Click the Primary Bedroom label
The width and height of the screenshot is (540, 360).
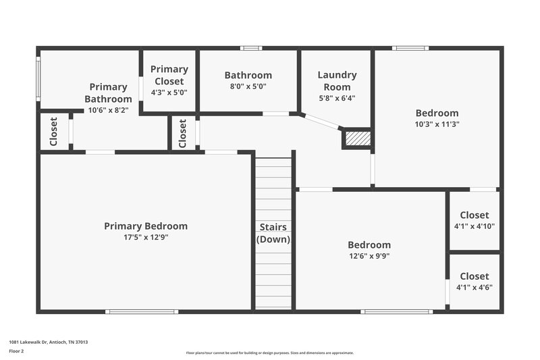pyautogui.click(x=146, y=226)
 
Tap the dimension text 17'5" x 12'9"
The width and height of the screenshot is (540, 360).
pyautogui.click(x=146, y=238)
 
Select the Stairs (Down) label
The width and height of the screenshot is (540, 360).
pyautogui.click(x=273, y=233)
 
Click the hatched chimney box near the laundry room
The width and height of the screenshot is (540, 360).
pyautogui.click(x=357, y=138)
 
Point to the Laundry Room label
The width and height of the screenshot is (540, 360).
pyautogui.click(x=337, y=81)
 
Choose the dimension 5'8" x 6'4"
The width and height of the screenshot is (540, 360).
pyautogui.click(x=337, y=98)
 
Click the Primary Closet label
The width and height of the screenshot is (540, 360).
pyautogui.click(x=169, y=75)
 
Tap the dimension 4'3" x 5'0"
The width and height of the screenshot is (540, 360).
pyautogui.click(x=169, y=93)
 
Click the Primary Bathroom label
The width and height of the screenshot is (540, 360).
pyautogui.click(x=108, y=93)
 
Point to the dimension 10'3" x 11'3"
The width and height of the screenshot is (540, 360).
pyautogui.click(x=437, y=124)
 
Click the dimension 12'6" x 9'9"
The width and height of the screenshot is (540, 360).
pyautogui.click(x=369, y=256)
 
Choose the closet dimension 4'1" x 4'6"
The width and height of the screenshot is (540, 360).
pyautogui.click(x=475, y=287)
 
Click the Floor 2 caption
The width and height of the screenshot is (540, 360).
pyautogui.click(x=16, y=352)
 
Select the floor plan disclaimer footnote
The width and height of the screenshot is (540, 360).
pyautogui.click(x=270, y=353)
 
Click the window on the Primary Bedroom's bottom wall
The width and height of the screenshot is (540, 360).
pyautogui.click(x=142, y=311)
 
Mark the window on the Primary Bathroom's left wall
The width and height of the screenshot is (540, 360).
pyautogui.click(x=38, y=78)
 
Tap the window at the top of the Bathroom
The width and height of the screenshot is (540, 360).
pyautogui.click(x=251, y=48)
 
